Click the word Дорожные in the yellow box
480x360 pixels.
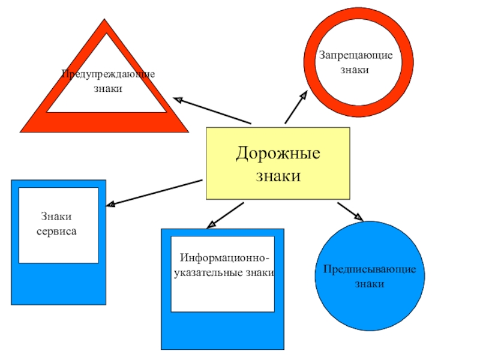coord(278,154)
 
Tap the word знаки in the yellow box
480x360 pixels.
coord(278,176)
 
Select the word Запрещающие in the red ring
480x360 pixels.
coord(356,56)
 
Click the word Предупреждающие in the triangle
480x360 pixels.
coord(108,74)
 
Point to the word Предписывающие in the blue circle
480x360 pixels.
coord(370,269)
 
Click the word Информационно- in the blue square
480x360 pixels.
coord(224,258)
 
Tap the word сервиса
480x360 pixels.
coord(56,232)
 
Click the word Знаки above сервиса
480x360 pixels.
coord(56,217)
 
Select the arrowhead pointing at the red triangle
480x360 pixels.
coord(178,100)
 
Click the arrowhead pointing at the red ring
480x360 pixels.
coord(304,95)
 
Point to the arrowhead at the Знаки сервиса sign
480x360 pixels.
coord(110,204)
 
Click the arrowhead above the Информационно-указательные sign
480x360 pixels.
coord(211,224)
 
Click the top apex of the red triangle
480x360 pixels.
coord(104,19)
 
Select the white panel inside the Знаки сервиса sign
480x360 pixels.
coord(58,226)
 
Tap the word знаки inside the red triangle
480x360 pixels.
coord(108,89)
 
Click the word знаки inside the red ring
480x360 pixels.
coord(355,70)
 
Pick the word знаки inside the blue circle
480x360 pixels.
coord(370,284)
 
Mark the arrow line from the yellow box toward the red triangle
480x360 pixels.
coord(212,111)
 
